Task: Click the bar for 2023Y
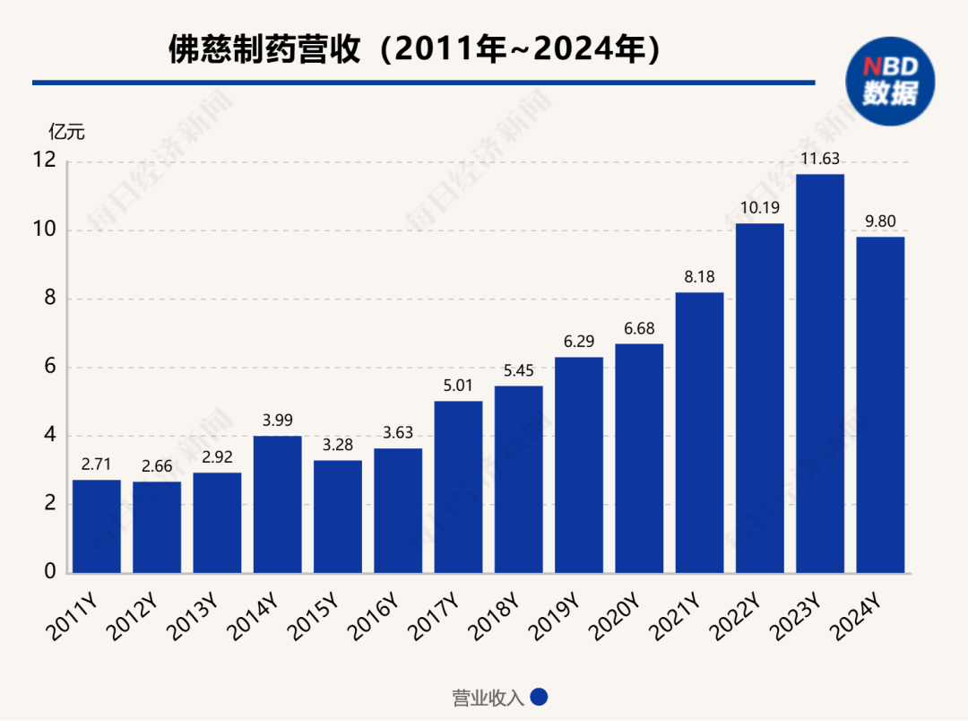coord(820,373)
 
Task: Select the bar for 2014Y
coord(277,504)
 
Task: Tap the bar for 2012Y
coord(157,527)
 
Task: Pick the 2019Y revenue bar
coord(579,465)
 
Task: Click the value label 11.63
coord(820,160)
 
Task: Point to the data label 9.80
coord(880,222)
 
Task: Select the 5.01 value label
coord(458,386)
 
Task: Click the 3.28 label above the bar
coord(338,445)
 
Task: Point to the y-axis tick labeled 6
coord(50,367)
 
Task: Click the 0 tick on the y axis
coord(50,572)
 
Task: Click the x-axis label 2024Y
coord(856,618)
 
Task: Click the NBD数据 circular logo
coord(889,82)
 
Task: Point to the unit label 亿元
coord(66,132)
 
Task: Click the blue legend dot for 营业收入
coord(539,698)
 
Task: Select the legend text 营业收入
coord(488,698)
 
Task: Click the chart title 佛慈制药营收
coord(265,49)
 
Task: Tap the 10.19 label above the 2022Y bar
coord(759,208)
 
